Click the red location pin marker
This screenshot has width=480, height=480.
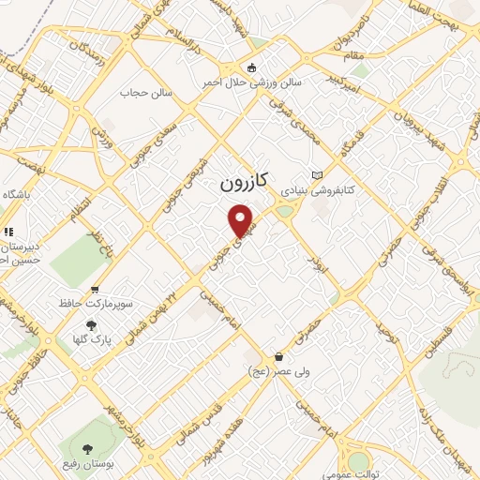pyautogui.click(x=243, y=221)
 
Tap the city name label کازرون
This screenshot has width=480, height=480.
pyautogui.click(x=249, y=182)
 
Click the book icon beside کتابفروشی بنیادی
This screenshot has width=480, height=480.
pyautogui.click(x=317, y=175)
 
